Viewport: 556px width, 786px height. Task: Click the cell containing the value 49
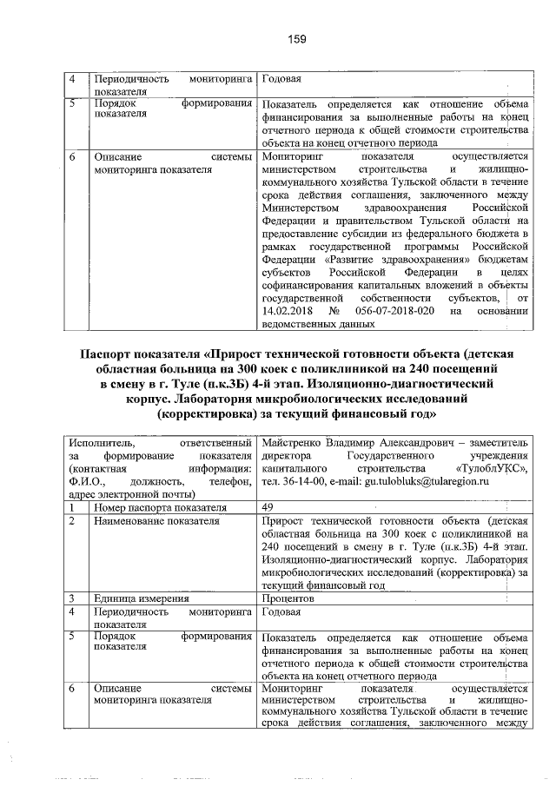point(267,507)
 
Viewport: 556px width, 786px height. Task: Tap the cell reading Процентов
point(287,598)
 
